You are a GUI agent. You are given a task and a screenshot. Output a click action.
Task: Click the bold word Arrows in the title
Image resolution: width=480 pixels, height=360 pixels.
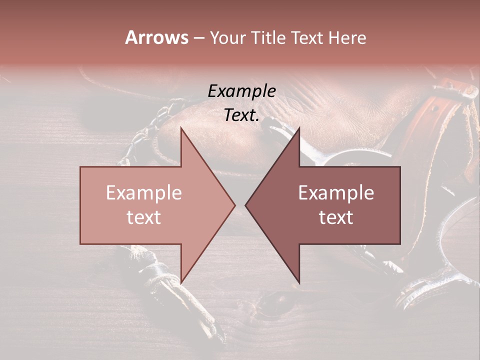pyautogui.click(x=157, y=37)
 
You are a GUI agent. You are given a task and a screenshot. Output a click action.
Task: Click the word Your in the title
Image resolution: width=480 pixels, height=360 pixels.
pyautogui.click(x=227, y=38)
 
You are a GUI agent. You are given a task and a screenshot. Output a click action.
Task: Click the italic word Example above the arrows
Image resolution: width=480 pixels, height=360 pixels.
pyautogui.click(x=241, y=91)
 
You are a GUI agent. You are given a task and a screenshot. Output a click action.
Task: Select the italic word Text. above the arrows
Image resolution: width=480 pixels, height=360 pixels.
pyautogui.click(x=241, y=115)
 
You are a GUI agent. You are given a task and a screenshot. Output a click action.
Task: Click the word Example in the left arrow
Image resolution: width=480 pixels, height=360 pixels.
pyautogui.click(x=144, y=193)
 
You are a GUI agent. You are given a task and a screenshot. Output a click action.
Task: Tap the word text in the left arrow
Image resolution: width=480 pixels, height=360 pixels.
pyautogui.click(x=144, y=217)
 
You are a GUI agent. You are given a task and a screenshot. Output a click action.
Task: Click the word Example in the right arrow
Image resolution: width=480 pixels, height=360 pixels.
pyautogui.click(x=336, y=193)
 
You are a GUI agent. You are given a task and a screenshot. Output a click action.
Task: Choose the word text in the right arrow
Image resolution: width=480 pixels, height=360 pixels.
pyautogui.click(x=336, y=217)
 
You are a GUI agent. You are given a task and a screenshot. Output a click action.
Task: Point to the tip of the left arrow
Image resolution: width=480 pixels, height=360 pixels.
pyautogui.click(x=233, y=205)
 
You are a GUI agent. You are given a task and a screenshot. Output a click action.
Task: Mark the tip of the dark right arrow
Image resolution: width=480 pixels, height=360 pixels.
pyautogui.click(x=247, y=205)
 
